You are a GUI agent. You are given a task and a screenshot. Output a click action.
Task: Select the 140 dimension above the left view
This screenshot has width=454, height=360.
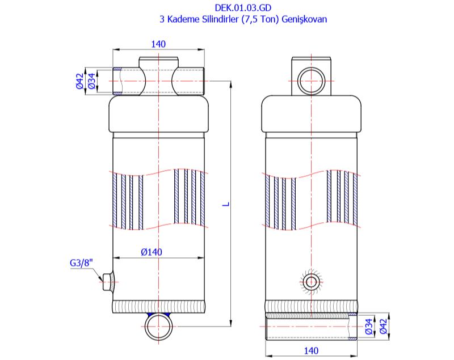pyautogui.click(x=158, y=44)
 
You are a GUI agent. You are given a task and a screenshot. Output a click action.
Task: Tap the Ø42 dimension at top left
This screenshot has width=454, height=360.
pyautogui.click(x=80, y=81)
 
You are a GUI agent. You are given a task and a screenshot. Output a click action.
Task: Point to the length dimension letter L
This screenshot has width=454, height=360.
pyautogui.click(x=225, y=202)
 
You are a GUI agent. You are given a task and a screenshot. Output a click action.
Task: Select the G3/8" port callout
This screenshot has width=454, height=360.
pyautogui.click(x=81, y=263)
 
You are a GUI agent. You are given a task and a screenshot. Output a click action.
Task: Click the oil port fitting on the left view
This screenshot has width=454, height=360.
pyautogui.click(x=107, y=281)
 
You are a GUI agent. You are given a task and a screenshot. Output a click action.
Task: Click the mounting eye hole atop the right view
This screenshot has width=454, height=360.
pyautogui.click(x=310, y=80)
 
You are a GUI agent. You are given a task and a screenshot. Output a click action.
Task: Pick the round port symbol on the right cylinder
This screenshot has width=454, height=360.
pyautogui.click(x=311, y=281)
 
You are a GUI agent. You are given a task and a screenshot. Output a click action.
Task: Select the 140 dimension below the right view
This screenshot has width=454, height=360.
pyautogui.click(x=312, y=351)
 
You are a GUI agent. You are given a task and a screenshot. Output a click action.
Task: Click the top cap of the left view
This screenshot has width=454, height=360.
pyautogui.click(x=158, y=116)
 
